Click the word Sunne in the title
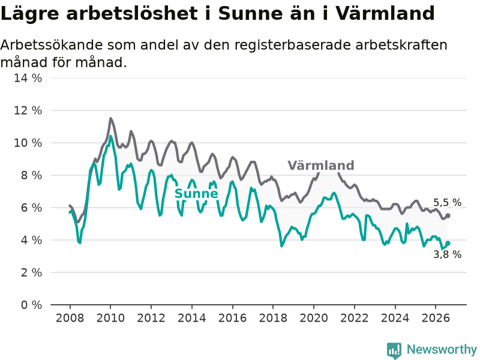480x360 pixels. coord(251,13)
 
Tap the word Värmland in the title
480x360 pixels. coord(385,13)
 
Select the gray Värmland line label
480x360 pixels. coord(321,166)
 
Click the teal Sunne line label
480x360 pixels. coord(196,193)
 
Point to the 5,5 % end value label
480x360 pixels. coord(447,202)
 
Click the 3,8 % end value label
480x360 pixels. coord(447,254)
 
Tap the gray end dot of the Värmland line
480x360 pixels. coord(448,215)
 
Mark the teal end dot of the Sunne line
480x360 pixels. coord(448,243)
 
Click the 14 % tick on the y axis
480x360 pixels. coord(28,78)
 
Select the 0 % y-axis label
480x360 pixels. coord(31,305)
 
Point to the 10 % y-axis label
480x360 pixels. coord(28,143)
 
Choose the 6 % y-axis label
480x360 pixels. coord(31,208)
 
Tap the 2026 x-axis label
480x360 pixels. coord(436,318)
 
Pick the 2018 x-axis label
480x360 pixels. coord(273,318)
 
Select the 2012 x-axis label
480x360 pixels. coord(151,318)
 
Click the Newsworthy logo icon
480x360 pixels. coord(394,350)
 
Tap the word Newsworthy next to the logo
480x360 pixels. coord(442,349)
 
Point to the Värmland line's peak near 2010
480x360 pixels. coord(110,118)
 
